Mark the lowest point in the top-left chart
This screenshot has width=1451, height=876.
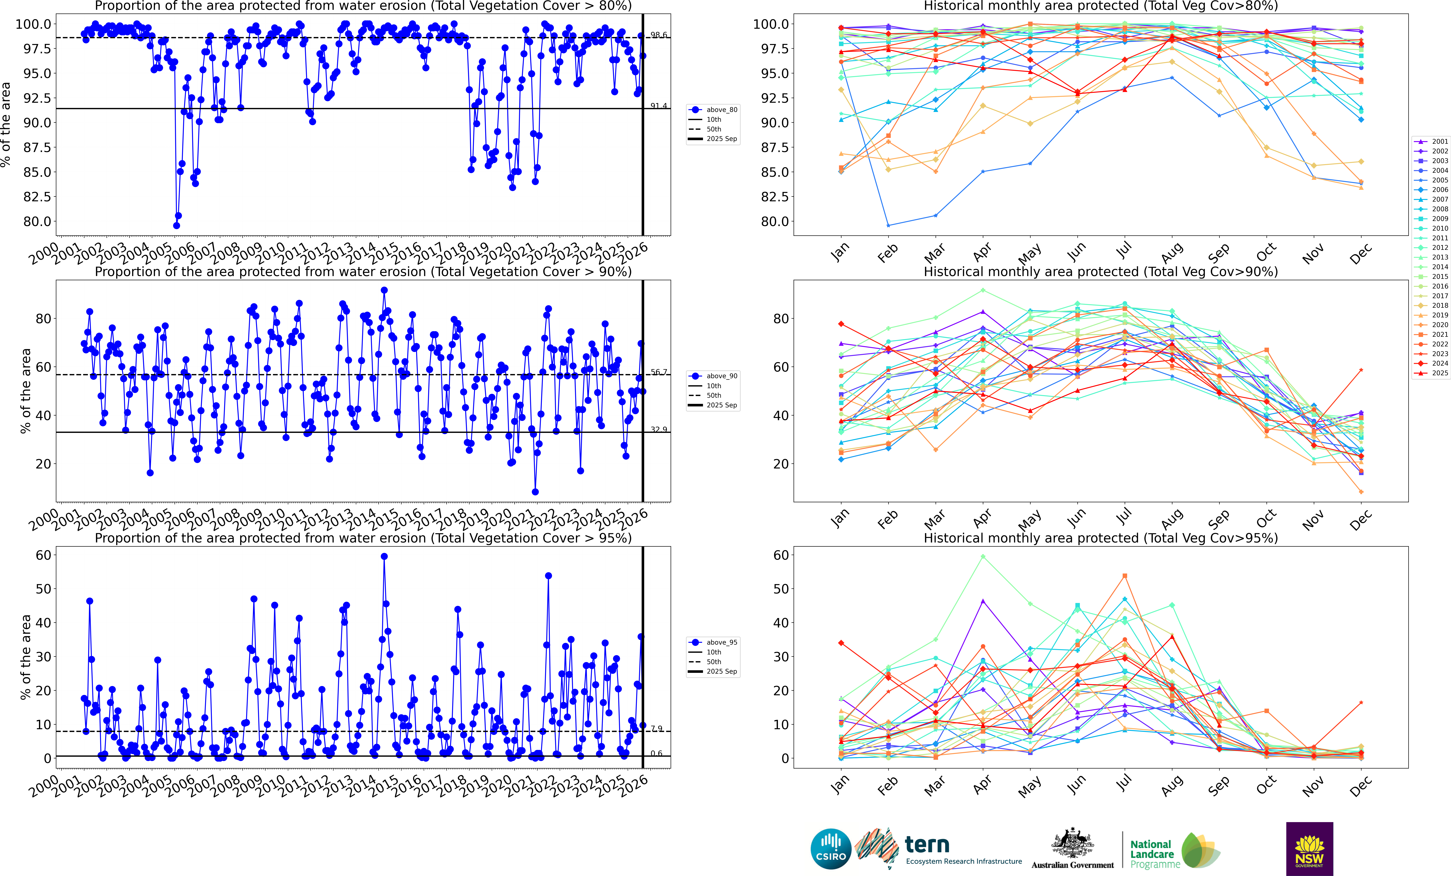(x=177, y=226)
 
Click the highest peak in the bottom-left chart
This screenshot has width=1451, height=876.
(x=384, y=556)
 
